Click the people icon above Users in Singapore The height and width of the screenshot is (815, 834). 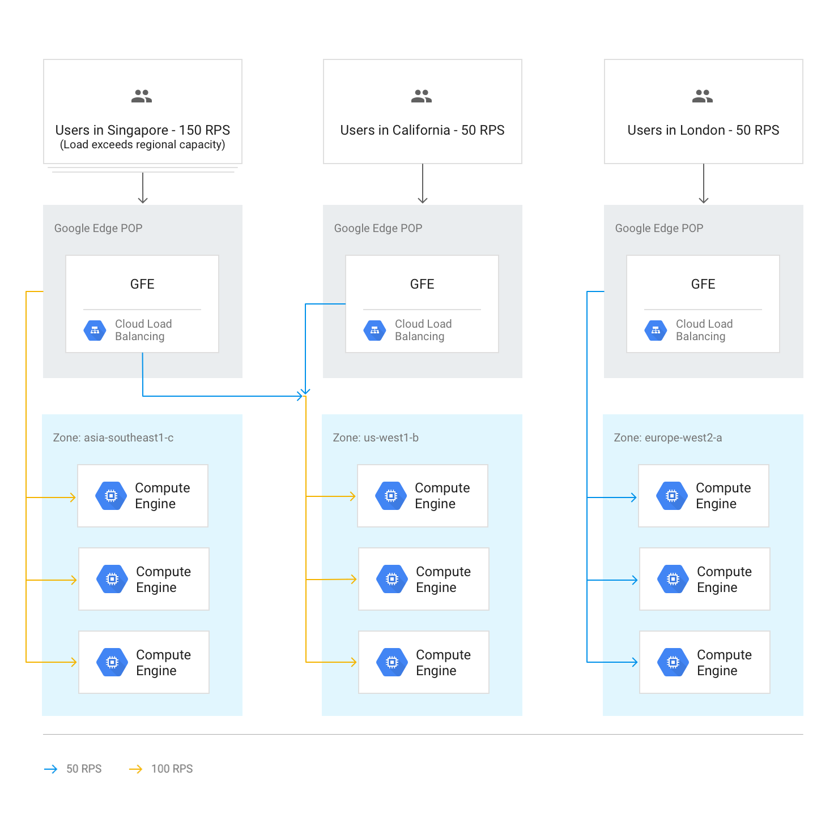pyautogui.click(x=142, y=96)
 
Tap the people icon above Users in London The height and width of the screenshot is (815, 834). pyautogui.click(x=703, y=96)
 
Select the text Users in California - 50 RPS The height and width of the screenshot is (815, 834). pyautogui.click(x=422, y=130)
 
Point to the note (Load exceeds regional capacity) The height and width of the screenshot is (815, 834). pyautogui.click(x=142, y=145)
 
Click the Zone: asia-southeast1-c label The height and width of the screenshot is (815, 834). pyautogui.click(x=113, y=437)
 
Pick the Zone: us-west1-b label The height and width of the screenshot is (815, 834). pyautogui.click(x=376, y=437)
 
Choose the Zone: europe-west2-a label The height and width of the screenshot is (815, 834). pyautogui.click(x=668, y=437)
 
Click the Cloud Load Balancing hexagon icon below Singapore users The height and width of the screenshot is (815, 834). pyautogui.click(x=95, y=331)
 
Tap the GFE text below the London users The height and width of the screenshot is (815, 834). pyautogui.click(x=703, y=284)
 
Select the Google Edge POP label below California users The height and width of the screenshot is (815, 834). pyautogui.click(x=378, y=228)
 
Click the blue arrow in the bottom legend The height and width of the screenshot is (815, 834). pyautogui.click(x=58, y=769)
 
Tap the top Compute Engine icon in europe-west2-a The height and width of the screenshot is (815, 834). pyautogui.click(x=672, y=496)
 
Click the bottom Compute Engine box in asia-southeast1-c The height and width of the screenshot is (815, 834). pyautogui.click(x=144, y=662)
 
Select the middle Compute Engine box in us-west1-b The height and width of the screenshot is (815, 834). pyautogui.click(x=424, y=579)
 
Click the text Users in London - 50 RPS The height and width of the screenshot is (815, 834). pyautogui.click(x=703, y=130)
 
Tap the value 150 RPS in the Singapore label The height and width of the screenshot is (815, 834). pyautogui.click(x=205, y=130)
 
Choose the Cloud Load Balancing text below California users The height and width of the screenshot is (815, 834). pyautogui.click(x=423, y=330)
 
